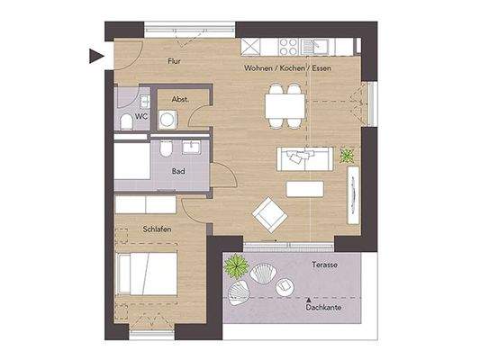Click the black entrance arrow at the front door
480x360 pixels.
click(95, 57)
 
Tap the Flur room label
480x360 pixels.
click(177, 62)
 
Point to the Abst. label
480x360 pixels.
click(180, 100)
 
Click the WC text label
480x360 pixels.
click(141, 116)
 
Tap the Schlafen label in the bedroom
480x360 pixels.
click(157, 229)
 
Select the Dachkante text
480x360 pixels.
click(323, 306)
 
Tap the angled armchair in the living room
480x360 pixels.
click(268, 214)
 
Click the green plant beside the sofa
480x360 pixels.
click(347, 157)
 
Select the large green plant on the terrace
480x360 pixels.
click(237, 265)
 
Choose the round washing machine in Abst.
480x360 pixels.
click(166, 120)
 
